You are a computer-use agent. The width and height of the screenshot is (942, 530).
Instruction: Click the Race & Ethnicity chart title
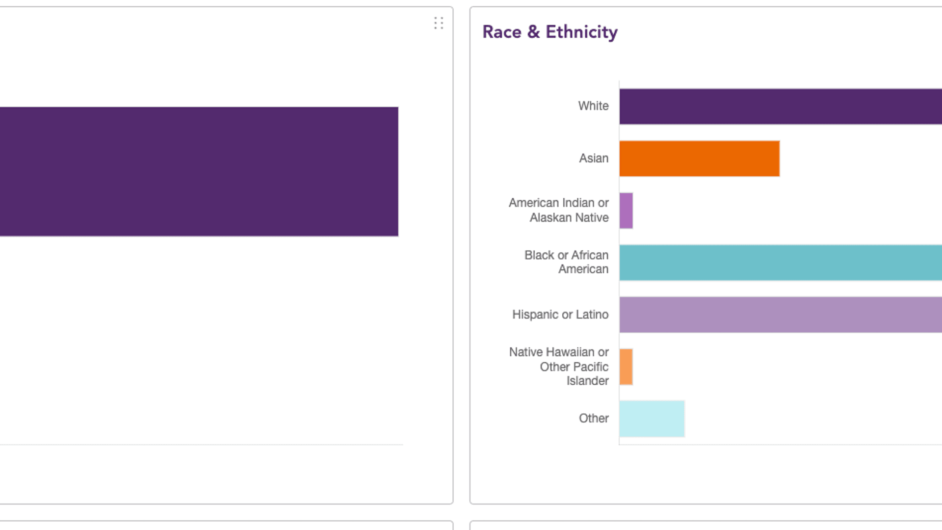[x=549, y=32]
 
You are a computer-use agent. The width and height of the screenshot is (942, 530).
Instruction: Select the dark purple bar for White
[x=780, y=106]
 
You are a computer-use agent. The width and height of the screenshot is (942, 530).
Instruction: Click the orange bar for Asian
[x=699, y=159]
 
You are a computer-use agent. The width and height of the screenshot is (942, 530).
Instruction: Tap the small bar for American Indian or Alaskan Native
[x=626, y=211]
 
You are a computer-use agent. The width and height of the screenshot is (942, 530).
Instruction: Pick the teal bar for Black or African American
[x=780, y=263]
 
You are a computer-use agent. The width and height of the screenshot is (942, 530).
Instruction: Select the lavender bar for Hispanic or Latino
[x=780, y=315]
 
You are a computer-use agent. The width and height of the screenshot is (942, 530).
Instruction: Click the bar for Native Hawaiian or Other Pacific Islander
[x=626, y=367]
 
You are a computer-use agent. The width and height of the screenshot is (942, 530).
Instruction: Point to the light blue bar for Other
[x=652, y=419]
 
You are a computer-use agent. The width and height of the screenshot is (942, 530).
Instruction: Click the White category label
[x=593, y=106]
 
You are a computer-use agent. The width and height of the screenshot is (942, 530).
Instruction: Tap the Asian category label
[x=594, y=159]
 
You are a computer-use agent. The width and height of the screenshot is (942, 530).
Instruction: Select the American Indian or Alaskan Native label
[x=559, y=210]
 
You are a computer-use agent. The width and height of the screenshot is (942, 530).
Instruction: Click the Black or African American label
[x=567, y=262]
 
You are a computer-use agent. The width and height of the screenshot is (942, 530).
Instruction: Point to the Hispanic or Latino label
[x=560, y=315]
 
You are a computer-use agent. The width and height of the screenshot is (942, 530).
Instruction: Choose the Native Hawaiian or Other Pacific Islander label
[x=559, y=366]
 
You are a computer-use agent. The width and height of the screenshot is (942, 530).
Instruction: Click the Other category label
[x=594, y=419]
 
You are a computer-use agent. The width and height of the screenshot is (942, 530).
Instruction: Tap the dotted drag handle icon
[x=439, y=23]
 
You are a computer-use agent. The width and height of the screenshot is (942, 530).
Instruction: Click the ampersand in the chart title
[x=533, y=32]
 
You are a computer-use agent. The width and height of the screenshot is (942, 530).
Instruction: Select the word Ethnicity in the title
[x=581, y=32]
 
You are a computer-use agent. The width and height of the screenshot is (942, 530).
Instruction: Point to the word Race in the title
[x=502, y=32]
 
